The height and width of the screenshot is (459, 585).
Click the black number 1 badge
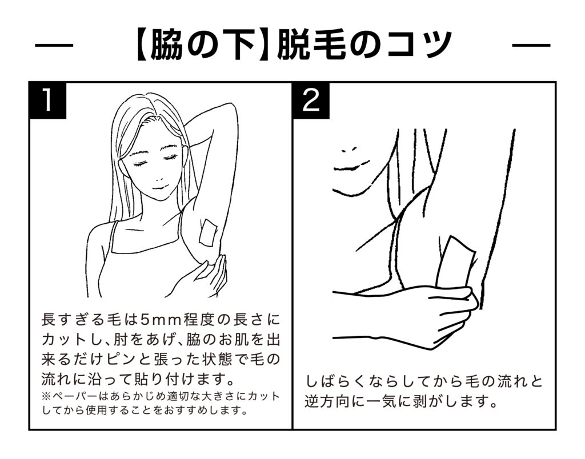point(48,100)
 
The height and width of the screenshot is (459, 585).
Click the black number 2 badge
point(311,100)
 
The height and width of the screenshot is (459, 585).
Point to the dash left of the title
point(54,46)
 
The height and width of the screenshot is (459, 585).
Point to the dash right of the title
point(531,46)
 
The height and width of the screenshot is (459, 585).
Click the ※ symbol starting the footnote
point(46,396)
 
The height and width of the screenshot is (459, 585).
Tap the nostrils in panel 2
point(349,150)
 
